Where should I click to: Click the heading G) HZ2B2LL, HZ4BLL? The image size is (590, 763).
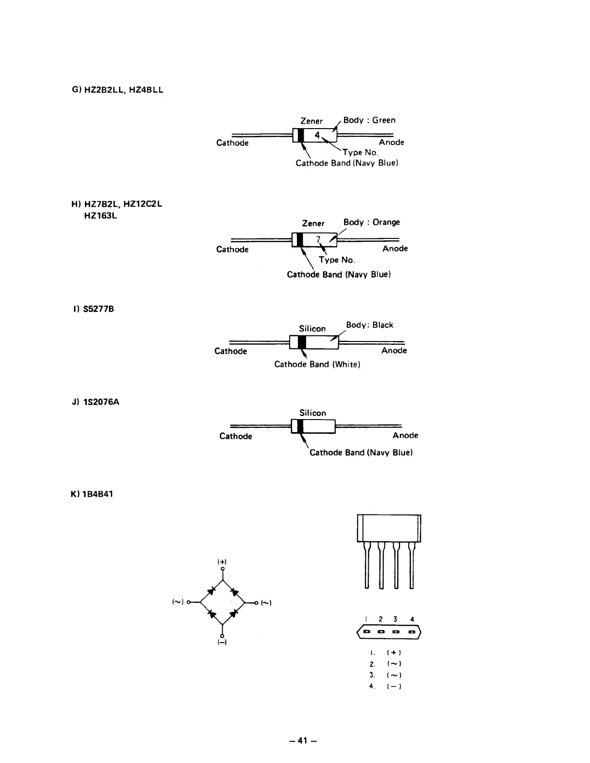(x=117, y=90)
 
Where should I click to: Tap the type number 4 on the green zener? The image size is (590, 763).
(x=317, y=135)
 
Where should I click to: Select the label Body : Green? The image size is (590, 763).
(x=369, y=120)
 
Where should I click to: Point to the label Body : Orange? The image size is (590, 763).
(x=372, y=222)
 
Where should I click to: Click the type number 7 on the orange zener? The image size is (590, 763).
(x=318, y=239)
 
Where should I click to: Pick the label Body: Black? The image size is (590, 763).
(x=370, y=325)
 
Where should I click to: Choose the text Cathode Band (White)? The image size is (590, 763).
(x=317, y=364)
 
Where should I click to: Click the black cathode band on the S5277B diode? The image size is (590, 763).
(x=302, y=342)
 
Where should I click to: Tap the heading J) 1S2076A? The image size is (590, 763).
(x=95, y=401)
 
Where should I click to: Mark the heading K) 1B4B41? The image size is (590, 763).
(x=92, y=494)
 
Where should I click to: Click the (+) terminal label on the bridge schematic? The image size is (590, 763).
(x=222, y=562)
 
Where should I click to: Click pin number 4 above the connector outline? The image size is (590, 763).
(x=413, y=619)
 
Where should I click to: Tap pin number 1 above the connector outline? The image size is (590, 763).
(x=366, y=619)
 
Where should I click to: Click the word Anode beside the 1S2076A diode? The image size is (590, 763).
(x=405, y=435)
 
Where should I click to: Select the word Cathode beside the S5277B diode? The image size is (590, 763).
(x=230, y=351)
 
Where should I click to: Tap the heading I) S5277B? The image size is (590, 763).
(x=92, y=309)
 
